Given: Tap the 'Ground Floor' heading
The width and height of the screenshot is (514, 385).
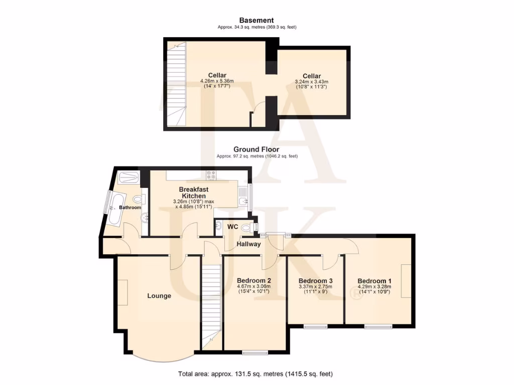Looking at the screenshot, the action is click(x=256, y=149).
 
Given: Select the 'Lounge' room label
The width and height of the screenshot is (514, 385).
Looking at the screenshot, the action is click(x=159, y=296).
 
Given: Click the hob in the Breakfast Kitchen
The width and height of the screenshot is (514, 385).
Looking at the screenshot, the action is click(x=211, y=175).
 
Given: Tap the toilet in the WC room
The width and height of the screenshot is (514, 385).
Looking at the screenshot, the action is click(x=246, y=227).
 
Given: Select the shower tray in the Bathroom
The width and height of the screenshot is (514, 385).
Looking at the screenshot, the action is click(x=129, y=177).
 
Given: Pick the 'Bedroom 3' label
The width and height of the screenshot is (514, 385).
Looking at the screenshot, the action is click(x=316, y=281).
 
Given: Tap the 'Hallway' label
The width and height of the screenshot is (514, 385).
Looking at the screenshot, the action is click(x=249, y=244).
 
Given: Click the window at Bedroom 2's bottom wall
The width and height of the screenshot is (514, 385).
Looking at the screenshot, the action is click(x=255, y=352).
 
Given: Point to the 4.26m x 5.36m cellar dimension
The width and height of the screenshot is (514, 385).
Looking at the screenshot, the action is click(x=217, y=81).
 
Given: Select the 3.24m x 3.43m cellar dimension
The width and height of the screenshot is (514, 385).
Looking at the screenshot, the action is click(x=312, y=81).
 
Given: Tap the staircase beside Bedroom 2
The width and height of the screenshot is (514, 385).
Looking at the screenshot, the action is click(x=211, y=306).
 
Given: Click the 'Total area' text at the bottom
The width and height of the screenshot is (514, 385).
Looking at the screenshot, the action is click(x=255, y=374).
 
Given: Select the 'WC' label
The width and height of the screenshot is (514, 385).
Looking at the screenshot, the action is click(x=232, y=227).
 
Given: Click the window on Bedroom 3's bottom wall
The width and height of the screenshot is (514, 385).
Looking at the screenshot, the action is click(x=316, y=327).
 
